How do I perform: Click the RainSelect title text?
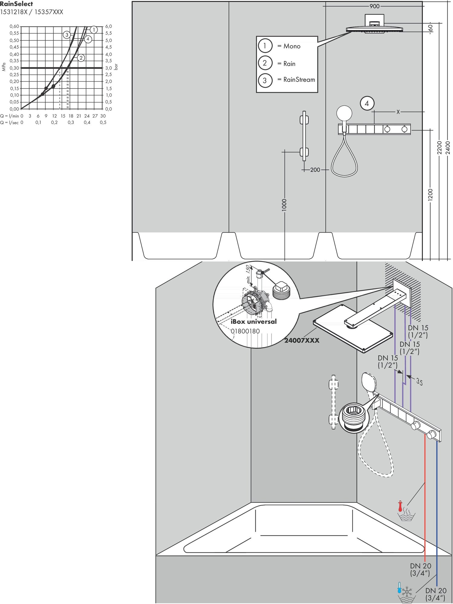[x=16, y=4]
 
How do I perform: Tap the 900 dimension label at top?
[x=374, y=6]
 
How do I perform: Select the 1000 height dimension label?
[x=284, y=205]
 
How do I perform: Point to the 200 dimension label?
[x=315, y=170]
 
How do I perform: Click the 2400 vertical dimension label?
[x=448, y=148]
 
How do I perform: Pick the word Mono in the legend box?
[x=292, y=46]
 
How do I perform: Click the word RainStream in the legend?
[x=299, y=80]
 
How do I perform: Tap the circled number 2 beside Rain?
[x=265, y=63]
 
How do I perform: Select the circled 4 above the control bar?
[x=367, y=104]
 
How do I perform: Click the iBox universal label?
[x=254, y=322]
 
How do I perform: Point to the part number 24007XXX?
[x=302, y=340]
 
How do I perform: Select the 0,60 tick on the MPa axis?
[x=14, y=27]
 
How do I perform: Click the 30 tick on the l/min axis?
[x=103, y=116]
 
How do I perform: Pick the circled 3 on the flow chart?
[x=67, y=35]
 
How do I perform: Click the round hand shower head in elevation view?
[x=344, y=113]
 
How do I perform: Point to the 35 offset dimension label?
[x=419, y=382]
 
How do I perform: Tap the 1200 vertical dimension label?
[x=430, y=194]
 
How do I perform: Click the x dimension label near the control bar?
[x=398, y=112]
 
